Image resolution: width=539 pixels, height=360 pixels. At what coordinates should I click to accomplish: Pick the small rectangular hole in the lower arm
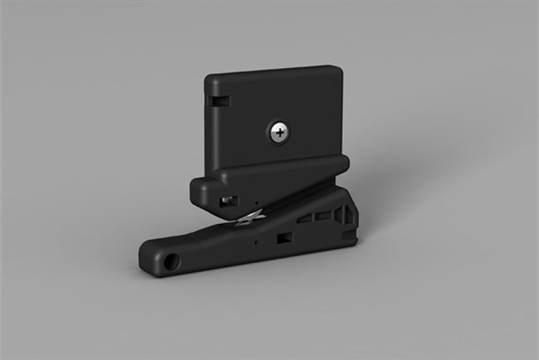(283, 239)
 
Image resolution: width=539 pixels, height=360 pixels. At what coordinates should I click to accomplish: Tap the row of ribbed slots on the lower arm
(319, 218)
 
